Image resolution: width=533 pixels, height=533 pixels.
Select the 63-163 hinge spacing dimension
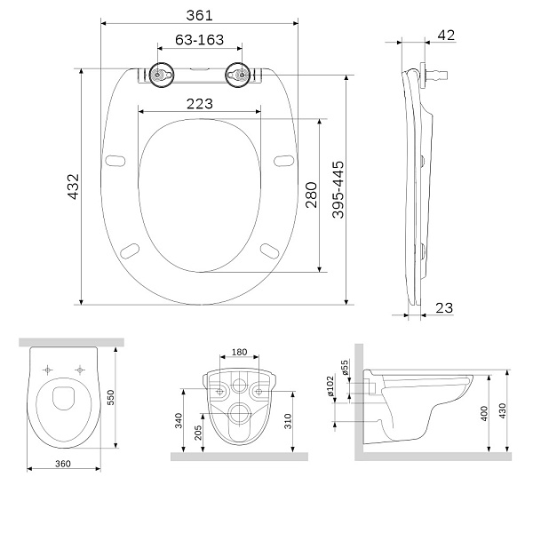(199, 40)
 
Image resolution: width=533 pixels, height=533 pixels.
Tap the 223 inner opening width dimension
(199, 103)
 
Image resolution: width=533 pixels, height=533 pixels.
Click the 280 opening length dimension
(310, 195)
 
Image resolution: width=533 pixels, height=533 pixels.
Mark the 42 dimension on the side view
(447, 35)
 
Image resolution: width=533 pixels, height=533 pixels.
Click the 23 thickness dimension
(445, 307)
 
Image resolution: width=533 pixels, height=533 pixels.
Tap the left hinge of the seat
(161, 76)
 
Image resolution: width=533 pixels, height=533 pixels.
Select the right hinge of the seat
(238, 76)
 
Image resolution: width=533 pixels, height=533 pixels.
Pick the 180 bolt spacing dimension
(239, 352)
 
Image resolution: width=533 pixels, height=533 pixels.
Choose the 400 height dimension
(484, 414)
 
